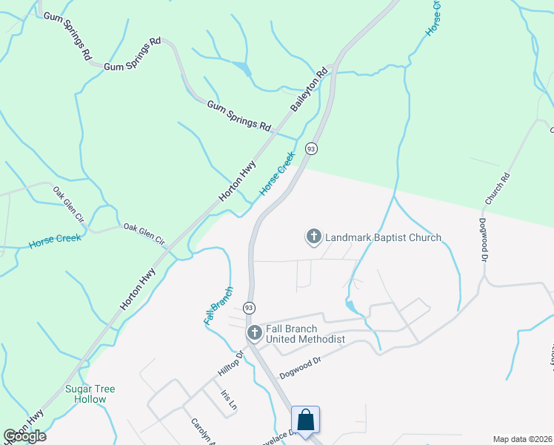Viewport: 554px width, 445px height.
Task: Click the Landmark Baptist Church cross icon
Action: pos(313,237)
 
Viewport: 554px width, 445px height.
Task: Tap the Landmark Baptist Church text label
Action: pos(383,237)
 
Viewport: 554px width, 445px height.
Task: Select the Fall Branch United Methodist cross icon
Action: pos(254,333)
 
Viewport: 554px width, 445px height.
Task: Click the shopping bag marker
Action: pos(306,420)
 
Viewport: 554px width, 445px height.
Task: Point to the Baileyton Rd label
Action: pos(309,91)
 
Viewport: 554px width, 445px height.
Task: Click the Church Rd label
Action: pos(498,189)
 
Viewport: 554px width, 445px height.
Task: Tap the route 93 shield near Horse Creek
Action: pos(312,148)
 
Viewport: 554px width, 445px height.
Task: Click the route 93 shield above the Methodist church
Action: pos(249,307)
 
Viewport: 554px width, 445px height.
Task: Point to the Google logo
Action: pos(24,436)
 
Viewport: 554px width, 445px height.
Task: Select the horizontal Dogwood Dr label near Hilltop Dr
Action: pos(300,361)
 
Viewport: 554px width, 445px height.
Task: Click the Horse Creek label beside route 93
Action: pos(277,175)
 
